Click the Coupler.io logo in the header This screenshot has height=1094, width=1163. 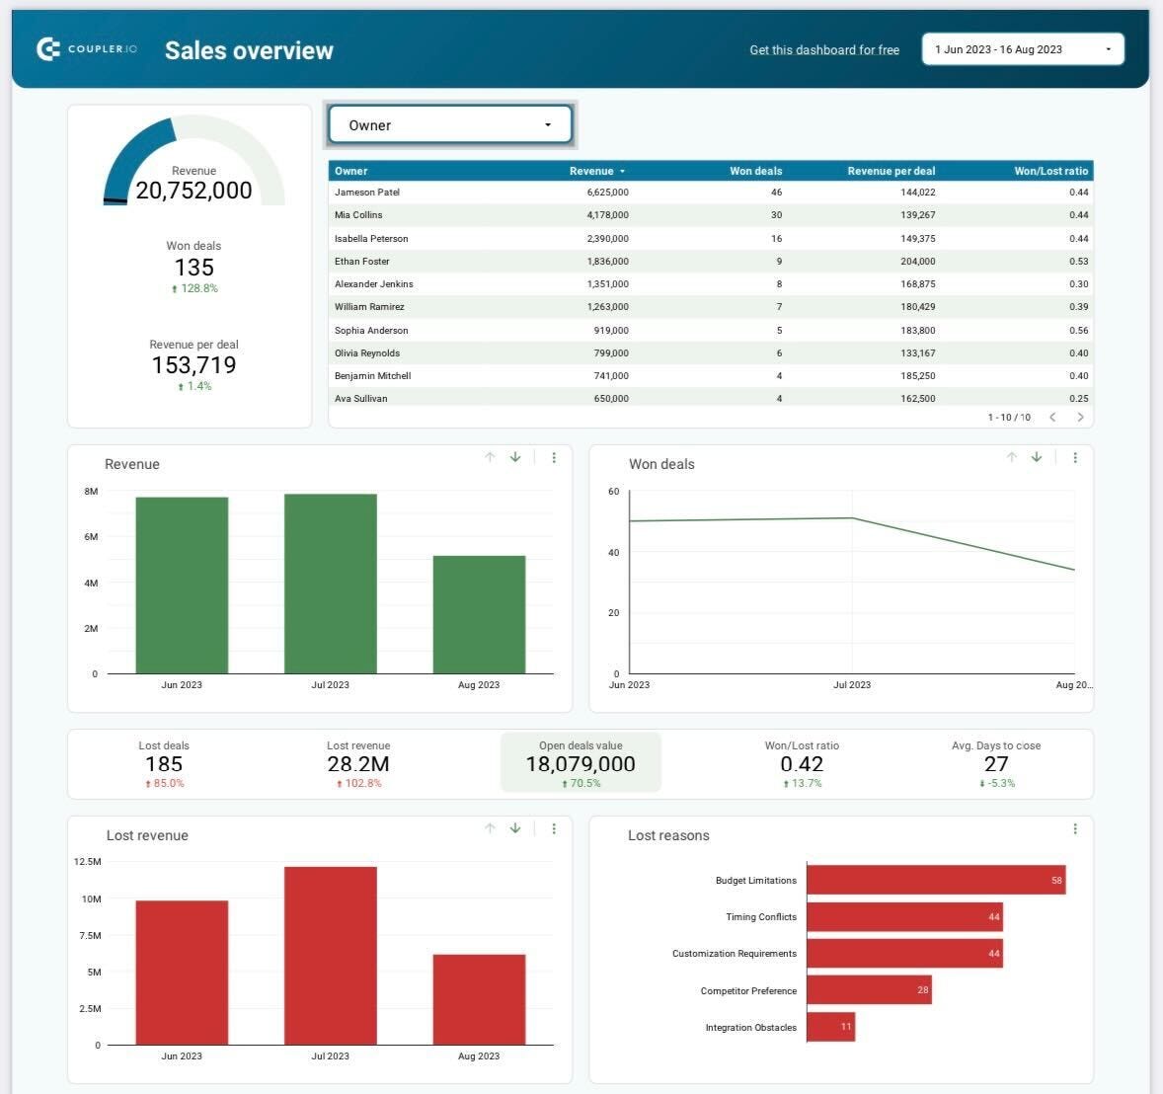(86, 48)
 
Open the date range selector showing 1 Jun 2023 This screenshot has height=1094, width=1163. (1022, 49)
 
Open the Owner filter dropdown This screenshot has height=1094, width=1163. (450, 125)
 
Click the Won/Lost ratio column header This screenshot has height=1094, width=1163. (1050, 171)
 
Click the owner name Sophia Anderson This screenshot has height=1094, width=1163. (371, 331)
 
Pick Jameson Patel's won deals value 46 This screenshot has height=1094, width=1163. (776, 193)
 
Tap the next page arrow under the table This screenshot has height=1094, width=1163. (1080, 417)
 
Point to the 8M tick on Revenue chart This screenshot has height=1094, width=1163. (91, 491)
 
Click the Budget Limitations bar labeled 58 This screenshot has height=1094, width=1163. (935, 880)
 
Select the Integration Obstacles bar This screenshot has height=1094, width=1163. (830, 1027)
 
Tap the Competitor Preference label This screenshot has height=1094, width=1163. (748, 990)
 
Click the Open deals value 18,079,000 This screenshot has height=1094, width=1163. (581, 764)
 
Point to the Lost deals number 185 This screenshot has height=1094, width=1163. (164, 764)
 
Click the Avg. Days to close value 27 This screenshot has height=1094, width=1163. (996, 764)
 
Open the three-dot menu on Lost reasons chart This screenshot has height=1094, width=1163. (1075, 828)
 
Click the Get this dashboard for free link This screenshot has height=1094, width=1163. (824, 49)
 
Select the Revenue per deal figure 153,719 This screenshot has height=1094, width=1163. (194, 365)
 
